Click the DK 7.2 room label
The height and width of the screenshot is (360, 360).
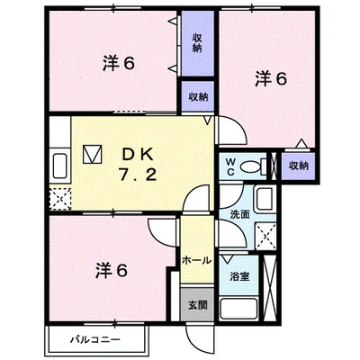click(x=138, y=165)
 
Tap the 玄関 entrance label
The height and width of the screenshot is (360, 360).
click(x=198, y=305)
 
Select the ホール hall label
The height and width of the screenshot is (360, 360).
click(x=197, y=260)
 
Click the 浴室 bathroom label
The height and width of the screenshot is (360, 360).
click(x=239, y=276)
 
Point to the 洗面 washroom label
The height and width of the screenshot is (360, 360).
click(x=240, y=214)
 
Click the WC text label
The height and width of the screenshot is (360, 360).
click(x=230, y=166)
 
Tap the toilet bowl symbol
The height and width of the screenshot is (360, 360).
click(x=254, y=166)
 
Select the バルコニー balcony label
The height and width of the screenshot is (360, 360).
click(x=95, y=340)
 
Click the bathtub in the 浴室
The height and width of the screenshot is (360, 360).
click(x=238, y=309)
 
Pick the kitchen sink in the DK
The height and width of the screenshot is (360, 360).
click(x=61, y=166)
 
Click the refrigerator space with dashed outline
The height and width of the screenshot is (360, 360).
click(x=60, y=199)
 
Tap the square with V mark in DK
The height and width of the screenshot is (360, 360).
click(x=93, y=155)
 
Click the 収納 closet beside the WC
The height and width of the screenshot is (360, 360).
click(x=299, y=166)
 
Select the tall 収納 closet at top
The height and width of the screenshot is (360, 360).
click(x=198, y=43)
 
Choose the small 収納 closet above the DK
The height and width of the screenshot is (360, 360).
click(x=198, y=96)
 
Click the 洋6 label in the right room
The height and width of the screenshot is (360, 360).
click(x=271, y=79)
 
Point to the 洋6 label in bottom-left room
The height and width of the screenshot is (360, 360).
click(x=112, y=270)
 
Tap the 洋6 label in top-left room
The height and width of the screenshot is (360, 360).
click(x=118, y=64)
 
